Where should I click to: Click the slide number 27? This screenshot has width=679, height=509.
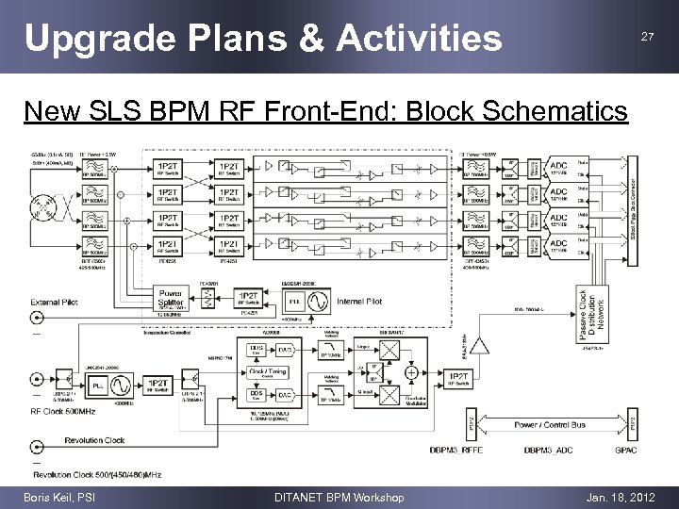pos(647,37)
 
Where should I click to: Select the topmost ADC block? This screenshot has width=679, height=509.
pos(558,167)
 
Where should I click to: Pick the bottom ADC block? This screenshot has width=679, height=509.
pos(558,244)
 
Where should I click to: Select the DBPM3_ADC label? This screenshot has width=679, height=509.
pos(550,450)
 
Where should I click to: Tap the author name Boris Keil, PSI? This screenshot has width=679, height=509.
pos(61,497)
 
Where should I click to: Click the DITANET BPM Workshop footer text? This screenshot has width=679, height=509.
pos(338,497)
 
